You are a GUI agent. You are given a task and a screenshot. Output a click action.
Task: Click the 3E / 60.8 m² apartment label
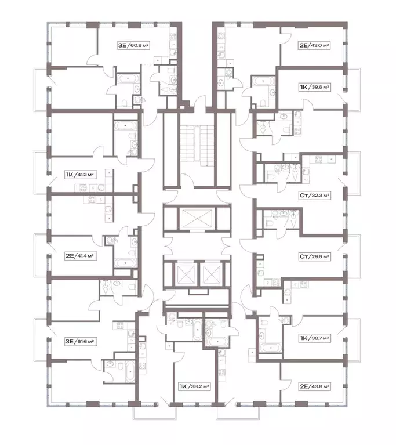point(134,45)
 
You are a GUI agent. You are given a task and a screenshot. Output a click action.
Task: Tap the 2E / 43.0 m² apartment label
point(314,45)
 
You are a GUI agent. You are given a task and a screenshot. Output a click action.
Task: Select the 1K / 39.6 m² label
point(314,87)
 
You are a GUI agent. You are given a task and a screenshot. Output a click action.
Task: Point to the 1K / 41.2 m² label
point(81,174)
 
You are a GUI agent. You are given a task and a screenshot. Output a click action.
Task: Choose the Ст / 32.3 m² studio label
point(314,196)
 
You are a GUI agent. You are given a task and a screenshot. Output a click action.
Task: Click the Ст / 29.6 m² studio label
point(314,256)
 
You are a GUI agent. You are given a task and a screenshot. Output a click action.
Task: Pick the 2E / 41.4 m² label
point(81,256)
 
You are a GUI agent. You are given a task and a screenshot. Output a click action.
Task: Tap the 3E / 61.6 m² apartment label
point(81,341)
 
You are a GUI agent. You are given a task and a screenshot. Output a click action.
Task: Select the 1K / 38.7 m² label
point(314,338)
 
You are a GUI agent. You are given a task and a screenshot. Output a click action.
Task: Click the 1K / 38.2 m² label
point(194,386)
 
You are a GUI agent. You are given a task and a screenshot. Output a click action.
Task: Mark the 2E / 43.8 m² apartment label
point(314,386)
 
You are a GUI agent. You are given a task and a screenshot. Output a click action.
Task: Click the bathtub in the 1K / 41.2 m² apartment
point(125,125)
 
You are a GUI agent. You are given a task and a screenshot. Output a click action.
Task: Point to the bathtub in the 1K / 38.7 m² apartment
point(271,348)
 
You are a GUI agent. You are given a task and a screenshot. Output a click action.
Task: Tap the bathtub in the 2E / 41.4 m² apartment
point(125,263)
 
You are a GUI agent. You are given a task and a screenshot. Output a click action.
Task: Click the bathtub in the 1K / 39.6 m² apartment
point(263,81)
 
